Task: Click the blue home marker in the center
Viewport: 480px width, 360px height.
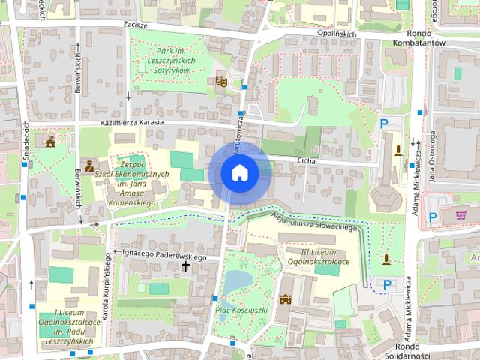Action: pyautogui.click(x=239, y=173)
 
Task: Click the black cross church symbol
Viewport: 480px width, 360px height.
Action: pyautogui.click(x=185, y=266)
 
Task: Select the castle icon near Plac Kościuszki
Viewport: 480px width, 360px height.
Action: pyautogui.click(x=285, y=299)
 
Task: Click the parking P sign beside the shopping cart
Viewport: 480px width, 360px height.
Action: pyautogui.click(x=433, y=217)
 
